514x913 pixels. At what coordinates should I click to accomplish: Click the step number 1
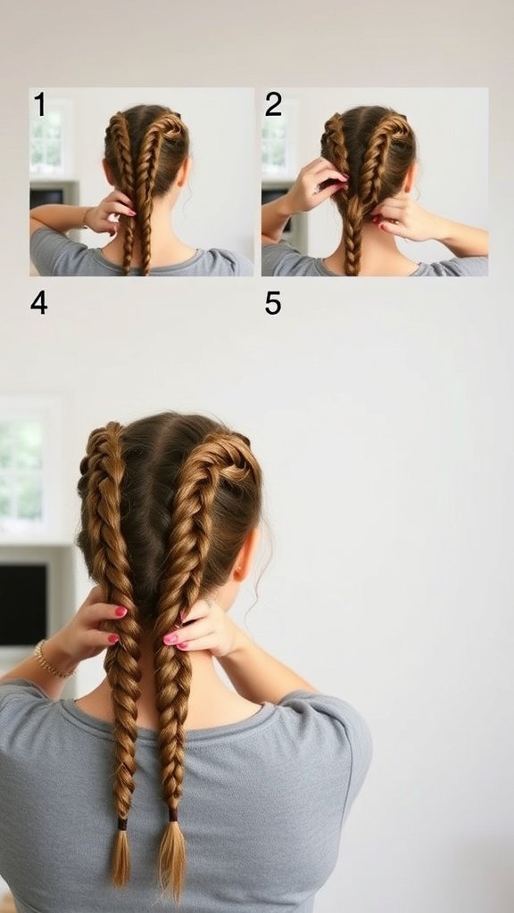(39, 104)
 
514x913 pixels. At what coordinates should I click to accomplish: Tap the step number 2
(273, 104)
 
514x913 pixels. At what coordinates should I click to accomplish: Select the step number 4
(38, 303)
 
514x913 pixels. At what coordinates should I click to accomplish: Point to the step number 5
(273, 303)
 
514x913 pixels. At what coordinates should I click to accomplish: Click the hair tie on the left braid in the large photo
(120, 823)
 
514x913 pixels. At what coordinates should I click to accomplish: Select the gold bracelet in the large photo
(50, 662)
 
